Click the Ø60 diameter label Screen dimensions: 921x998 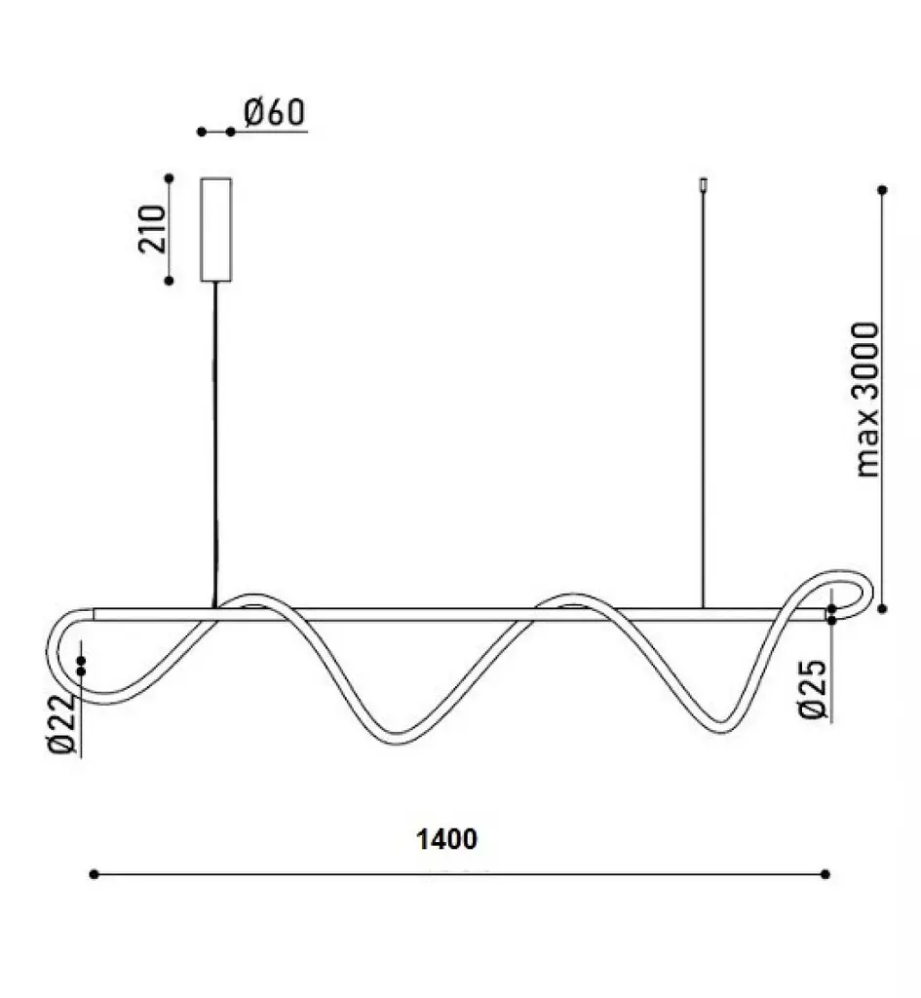274,113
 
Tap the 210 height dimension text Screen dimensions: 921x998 152,229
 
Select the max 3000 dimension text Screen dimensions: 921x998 865,400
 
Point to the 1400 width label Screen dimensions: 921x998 446,839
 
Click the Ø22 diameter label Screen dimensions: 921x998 62,724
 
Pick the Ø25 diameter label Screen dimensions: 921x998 813,689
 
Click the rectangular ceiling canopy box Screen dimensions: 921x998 215,229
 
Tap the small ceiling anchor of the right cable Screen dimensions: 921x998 704,184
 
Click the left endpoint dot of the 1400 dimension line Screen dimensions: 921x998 95,874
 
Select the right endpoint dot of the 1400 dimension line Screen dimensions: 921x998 825,874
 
